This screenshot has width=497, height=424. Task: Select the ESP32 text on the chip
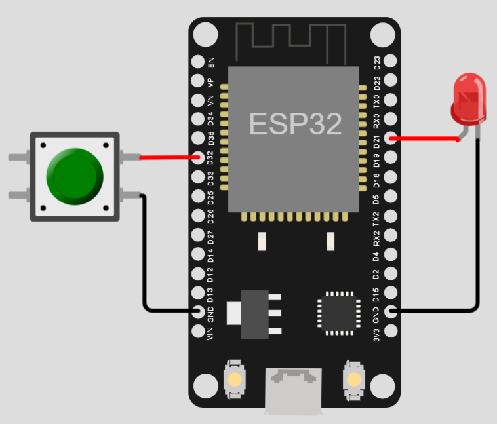[x=295, y=123]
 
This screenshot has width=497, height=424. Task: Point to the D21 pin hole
[x=391, y=138]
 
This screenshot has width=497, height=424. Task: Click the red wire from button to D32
[x=168, y=157]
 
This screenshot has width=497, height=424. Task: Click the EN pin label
[x=211, y=62]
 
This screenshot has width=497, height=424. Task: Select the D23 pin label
[x=377, y=63]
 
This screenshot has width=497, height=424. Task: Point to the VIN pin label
[x=211, y=332]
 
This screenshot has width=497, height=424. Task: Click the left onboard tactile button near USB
[x=234, y=379]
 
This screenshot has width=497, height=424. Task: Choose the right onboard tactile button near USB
[x=353, y=379]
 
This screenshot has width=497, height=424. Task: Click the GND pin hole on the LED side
[x=391, y=311]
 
